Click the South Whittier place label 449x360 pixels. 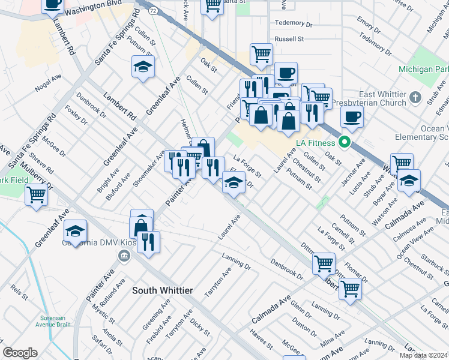(x=162, y=290)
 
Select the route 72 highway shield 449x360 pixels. (x=154, y=11)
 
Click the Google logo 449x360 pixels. (x=20, y=353)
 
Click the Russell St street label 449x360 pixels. (x=289, y=39)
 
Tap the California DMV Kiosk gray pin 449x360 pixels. (x=124, y=257)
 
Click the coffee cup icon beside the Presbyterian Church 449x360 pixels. (x=352, y=116)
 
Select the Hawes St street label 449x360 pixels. (x=262, y=341)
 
